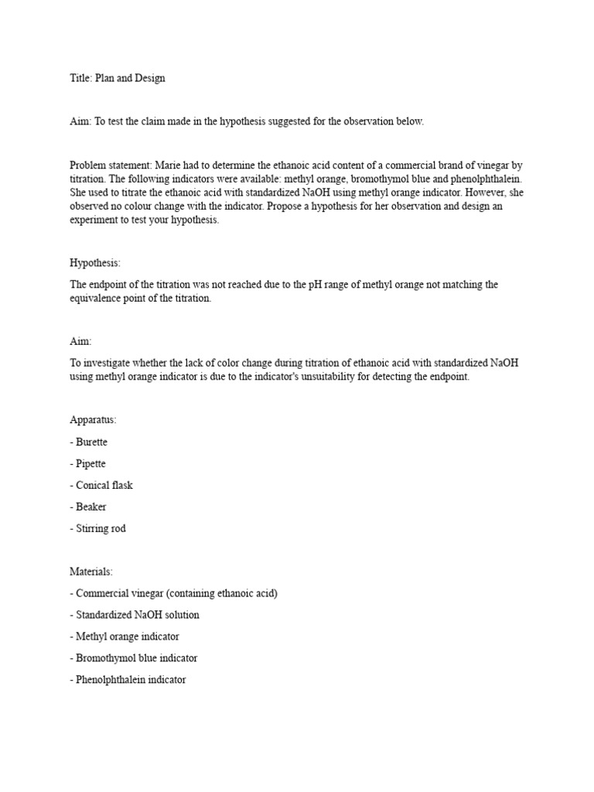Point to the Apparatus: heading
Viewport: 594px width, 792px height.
point(93,420)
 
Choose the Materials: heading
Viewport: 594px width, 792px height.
point(91,572)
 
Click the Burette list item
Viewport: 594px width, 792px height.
point(89,442)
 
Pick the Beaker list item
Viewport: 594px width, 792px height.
point(88,507)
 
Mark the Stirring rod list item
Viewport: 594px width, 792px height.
point(98,529)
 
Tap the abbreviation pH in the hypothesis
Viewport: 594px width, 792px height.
point(319,285)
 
